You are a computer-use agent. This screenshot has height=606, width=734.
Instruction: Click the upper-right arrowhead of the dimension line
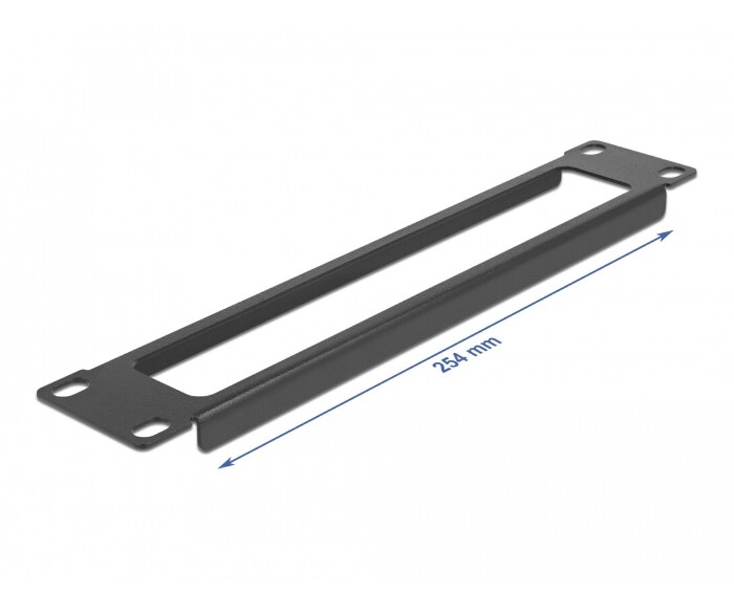[667, 234]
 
